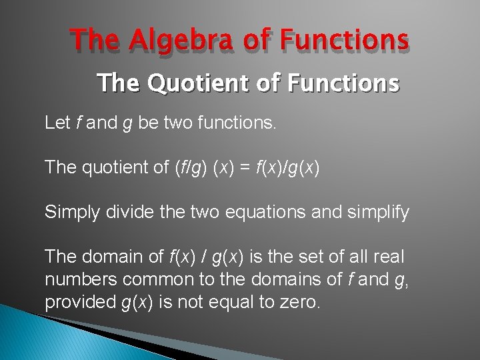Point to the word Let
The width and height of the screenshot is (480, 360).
click(57, 123)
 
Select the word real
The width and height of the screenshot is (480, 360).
click(389, 257)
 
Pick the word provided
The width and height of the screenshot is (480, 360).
click(80, 302)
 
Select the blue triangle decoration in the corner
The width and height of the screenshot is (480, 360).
click(40, 337)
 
